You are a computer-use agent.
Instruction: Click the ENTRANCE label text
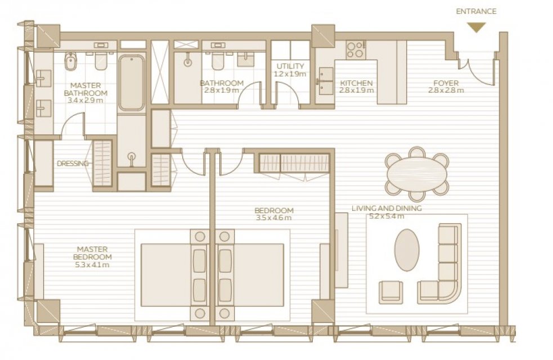coord(476,11)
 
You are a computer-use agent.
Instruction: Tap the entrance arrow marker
coord(476,27)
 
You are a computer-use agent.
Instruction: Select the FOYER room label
coord(446,83)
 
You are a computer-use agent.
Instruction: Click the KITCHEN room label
coord(356,83)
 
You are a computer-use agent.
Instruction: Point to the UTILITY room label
coord(290,66)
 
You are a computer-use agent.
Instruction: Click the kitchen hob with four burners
coord(356,49)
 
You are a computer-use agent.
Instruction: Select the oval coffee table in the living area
coord(407,250)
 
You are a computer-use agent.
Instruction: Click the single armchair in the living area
coord(391,292)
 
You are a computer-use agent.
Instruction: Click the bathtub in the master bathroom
coord(131,83)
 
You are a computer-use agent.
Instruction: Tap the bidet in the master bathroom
coord(70,61)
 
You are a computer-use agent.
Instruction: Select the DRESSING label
coord(73,164)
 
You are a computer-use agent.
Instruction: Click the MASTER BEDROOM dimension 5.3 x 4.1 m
coord(92,264)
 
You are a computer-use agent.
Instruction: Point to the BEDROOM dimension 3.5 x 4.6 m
coord(273,218)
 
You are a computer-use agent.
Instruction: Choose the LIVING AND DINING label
coord(386,208)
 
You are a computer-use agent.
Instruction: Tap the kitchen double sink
coord(326,81)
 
